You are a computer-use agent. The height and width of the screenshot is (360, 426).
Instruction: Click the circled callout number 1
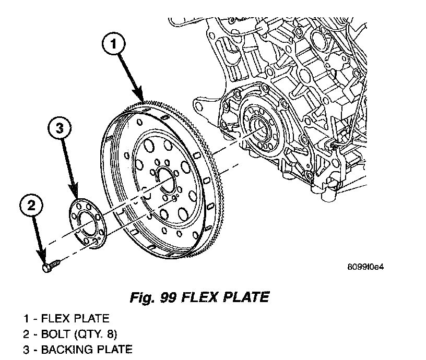click(115, 45)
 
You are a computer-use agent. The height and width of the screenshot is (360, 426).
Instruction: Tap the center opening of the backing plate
click(87, 225)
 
